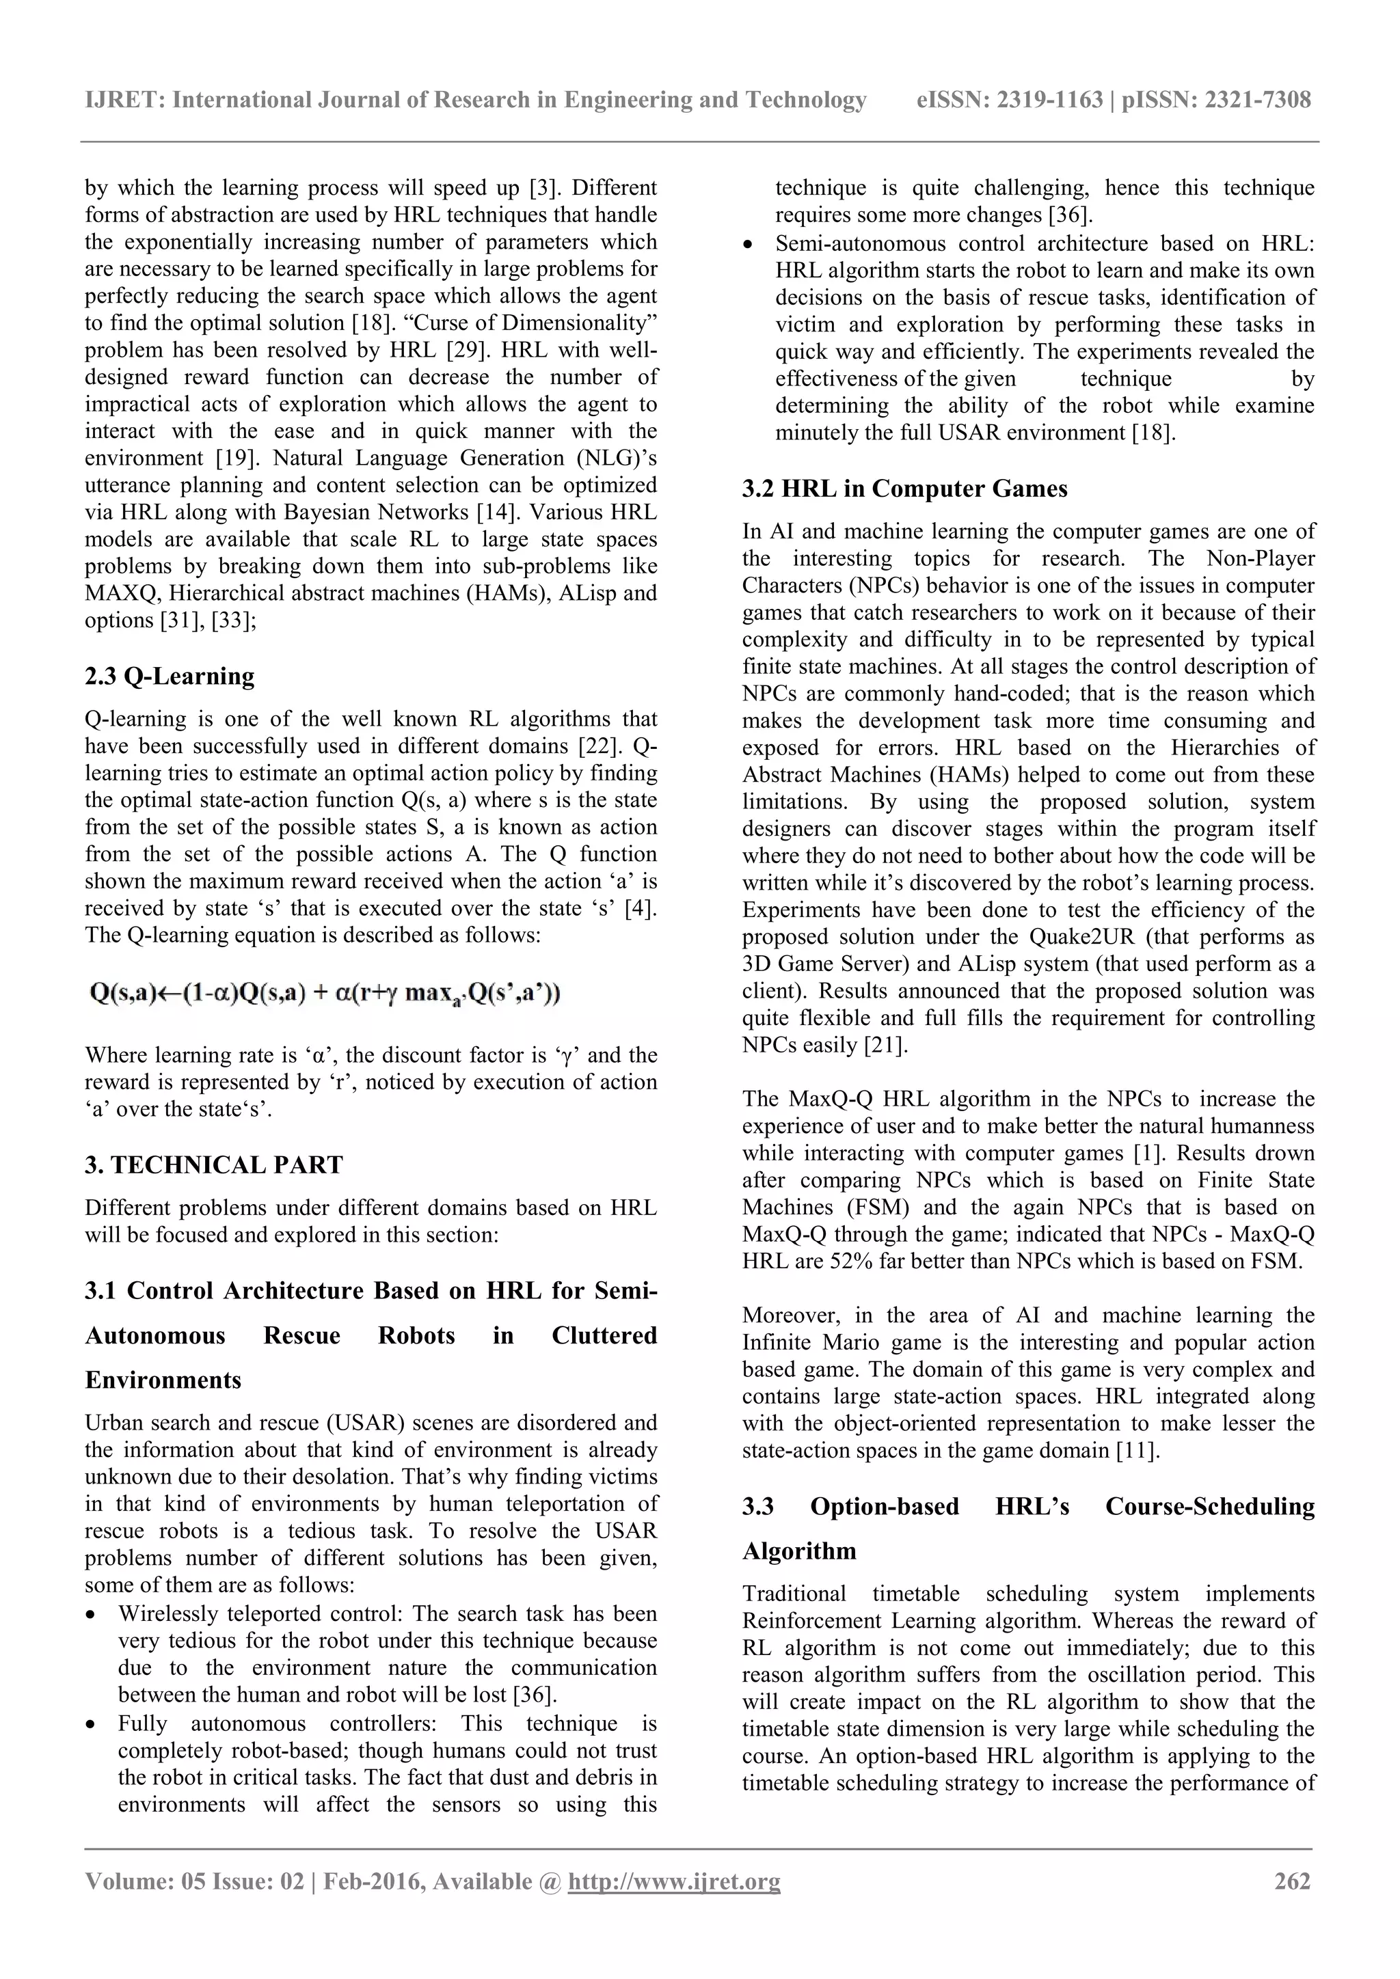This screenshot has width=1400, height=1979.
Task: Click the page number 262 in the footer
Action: (1291, 1881)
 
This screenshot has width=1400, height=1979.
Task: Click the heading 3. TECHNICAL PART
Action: (214, 1164)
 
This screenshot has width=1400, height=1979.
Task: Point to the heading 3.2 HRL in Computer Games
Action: (904, 489)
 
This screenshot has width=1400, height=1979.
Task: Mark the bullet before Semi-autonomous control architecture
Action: (749, 244)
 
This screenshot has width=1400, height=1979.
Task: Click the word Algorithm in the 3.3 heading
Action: (799, 1551)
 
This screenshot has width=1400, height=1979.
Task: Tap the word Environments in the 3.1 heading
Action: (163, 1380)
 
